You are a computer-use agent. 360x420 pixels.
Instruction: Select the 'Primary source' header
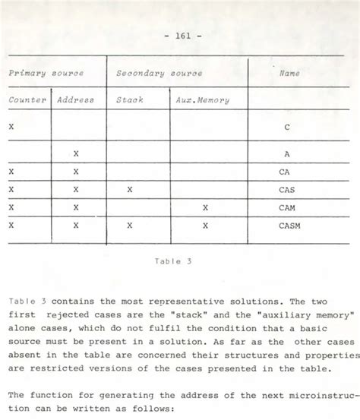tap(46, 73)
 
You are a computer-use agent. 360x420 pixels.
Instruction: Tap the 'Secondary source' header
tap(159, 73)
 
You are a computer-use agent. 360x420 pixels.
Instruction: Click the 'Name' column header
tap(289, 73)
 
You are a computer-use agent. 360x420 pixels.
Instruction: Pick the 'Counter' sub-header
tap(27, 99)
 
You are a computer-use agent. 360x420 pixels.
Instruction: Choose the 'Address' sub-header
tap(75, 99)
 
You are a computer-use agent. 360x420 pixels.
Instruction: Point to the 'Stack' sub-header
tap(129, 99)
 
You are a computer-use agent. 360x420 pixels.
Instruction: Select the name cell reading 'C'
tap(286, 127)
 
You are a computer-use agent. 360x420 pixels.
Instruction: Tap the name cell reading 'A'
tap(286, 153)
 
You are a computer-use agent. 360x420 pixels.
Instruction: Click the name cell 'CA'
tap(285, 172)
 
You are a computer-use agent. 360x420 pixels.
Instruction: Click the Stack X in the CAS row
tap(130, 190)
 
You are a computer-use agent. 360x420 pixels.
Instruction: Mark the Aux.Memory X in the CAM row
tap(205, 207)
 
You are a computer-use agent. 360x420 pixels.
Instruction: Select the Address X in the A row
tap(76, 153)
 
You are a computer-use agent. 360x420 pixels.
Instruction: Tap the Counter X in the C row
tap(11, 127)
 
